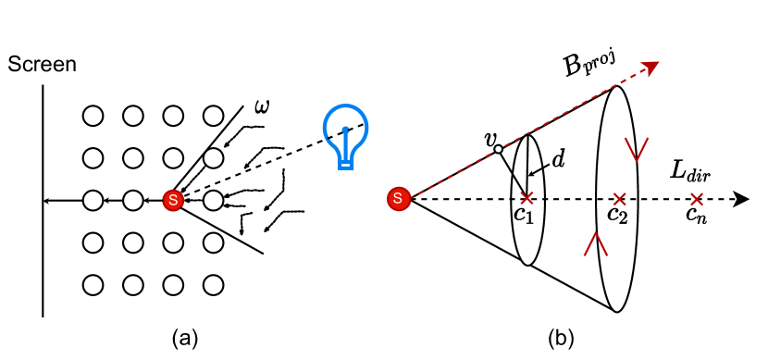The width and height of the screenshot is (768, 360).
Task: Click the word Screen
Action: tap(42, 65)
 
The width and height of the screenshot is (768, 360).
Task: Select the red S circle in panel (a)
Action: tap(171, 199)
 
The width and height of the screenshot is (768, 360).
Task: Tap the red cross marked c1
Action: tap(527, 198)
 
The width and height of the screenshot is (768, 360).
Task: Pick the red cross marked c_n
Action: tap(697, 198)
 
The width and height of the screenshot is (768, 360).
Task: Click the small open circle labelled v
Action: tap(498, 149)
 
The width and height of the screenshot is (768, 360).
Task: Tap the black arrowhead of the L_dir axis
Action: tap(740, 198)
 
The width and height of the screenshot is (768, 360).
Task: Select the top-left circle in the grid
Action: tap(93, 116)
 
